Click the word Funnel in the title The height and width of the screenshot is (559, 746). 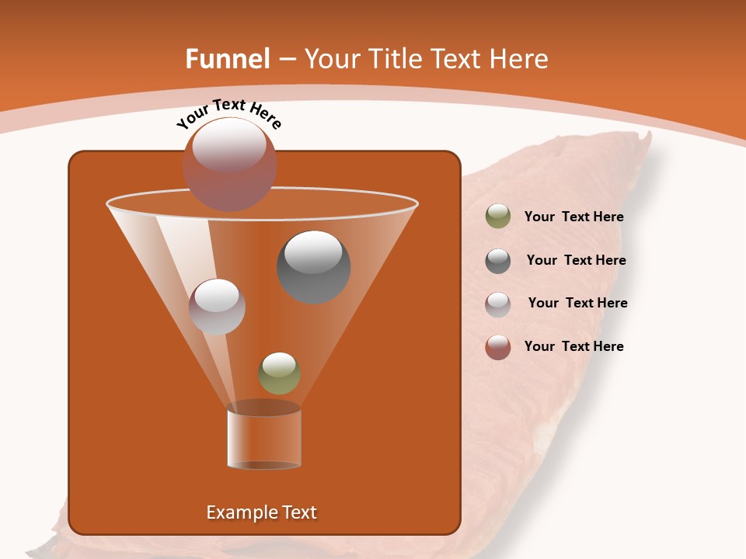[227, 59]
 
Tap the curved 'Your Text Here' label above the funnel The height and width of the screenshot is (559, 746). [229, 113]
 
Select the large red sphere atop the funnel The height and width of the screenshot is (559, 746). [230, 165]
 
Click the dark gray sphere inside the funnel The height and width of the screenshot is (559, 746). [314, 267]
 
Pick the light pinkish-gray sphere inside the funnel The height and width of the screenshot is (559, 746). [218, 307]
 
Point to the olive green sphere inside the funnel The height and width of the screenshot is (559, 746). [280, 373]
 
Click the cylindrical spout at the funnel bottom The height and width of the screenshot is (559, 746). [264, 439]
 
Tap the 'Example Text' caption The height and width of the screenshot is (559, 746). [262, 512]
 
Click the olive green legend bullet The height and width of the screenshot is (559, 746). [498, 217]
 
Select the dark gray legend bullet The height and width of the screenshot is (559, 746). [498, 261]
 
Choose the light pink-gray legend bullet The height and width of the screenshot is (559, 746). [498, 304]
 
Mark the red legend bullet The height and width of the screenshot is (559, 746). [498, 347]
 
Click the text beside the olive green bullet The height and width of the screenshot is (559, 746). [574, 217]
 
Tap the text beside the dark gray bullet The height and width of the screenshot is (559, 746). [576, 260]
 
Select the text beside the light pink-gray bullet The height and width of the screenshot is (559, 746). [577, 303]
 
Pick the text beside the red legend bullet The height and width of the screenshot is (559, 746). [574, 346]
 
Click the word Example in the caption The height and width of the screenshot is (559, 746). [235, 512]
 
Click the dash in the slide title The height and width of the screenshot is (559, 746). [286, 59]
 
